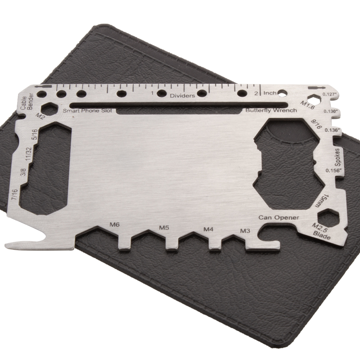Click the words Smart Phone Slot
[87, 111]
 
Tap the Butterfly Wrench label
[271, 110]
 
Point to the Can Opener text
[279, 217]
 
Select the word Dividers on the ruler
[182, 96]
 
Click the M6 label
[114, 225]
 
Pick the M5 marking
[164, 228]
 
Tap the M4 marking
[208, 229]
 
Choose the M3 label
[245, 230]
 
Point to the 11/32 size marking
[28, 154]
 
